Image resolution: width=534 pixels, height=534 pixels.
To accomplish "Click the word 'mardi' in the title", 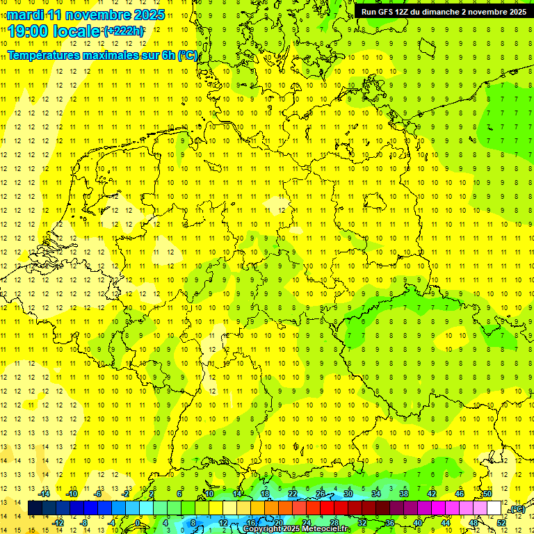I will [x=24, y=15].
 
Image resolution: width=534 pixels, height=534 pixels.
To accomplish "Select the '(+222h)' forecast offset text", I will [x=124, y=31].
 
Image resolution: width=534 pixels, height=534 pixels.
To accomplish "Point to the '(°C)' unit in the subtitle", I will [x=188, y=54].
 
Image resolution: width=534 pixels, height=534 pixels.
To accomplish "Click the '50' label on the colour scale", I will [x=487, y=494].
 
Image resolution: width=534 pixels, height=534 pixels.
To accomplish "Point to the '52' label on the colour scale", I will [x=501, y=523].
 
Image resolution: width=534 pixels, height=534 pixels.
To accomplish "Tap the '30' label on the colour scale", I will [x=348, y=494].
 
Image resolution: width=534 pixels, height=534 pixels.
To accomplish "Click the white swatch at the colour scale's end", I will [x=494, y=508].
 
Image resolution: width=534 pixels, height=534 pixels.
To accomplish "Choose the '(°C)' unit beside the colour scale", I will [x=517, y=509].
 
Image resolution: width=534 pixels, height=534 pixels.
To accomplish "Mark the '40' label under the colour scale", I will [x=418, y=523].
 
